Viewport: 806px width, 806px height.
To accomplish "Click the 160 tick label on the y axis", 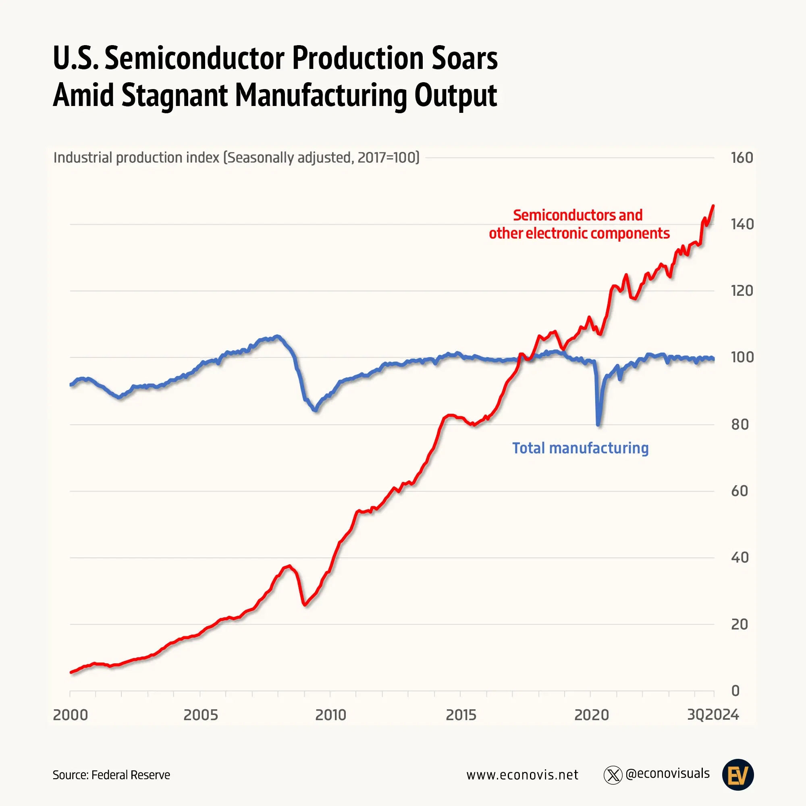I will (742, 158).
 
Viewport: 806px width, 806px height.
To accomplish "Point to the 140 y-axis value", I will (742, 224).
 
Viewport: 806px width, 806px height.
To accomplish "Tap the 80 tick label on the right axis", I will (740, 425).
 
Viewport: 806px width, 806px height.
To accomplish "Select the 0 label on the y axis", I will (735, 691).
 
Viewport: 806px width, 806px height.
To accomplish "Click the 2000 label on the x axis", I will (71, 715).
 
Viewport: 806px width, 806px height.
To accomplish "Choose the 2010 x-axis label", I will (330, 715).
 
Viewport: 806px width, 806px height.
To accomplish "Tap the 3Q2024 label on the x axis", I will (713, 715).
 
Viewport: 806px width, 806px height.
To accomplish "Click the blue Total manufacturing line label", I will (580, 448).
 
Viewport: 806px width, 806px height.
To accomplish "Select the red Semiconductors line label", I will (579, 224).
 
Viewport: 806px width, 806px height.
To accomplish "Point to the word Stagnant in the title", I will (174, 95).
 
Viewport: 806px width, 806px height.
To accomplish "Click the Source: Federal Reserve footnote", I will (111, 775).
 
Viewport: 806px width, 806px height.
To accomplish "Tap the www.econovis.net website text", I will (522, 775).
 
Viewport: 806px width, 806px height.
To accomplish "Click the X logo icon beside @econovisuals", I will (613, 775).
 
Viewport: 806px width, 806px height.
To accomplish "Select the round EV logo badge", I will (737, 775).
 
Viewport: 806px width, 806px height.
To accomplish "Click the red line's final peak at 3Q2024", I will (713, 206).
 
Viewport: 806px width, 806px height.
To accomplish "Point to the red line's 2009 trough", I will (305, 604).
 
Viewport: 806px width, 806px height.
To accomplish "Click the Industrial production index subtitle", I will (236, 158).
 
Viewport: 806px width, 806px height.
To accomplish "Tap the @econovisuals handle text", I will (667, 774).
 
